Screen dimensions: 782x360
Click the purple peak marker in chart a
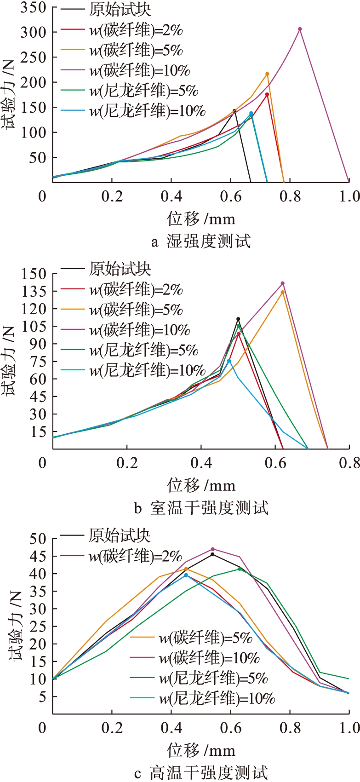tap(300, 29)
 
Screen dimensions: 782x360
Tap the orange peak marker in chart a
tap(267, 74)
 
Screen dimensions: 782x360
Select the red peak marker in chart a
tap(267, 94)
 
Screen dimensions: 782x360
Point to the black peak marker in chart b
tap(238, 319)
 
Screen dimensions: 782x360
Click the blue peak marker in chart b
tap(229, 361)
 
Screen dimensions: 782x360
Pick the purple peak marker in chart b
tap(282, 283)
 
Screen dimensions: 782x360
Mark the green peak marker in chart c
tap(240, 569)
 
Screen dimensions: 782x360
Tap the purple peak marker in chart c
tap(212, 549)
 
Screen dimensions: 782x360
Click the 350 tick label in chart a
tap(33, 8)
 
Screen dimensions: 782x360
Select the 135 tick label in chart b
tap(33, 291)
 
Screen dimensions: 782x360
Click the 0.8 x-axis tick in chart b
tap(349, 463)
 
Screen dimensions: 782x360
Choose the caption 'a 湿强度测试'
tap(201, 241)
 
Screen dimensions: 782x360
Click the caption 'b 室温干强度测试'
tap(201, 508)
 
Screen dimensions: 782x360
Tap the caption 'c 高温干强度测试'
tap(201, 773)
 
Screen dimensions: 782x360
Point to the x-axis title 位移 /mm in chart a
tap(201, 218)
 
